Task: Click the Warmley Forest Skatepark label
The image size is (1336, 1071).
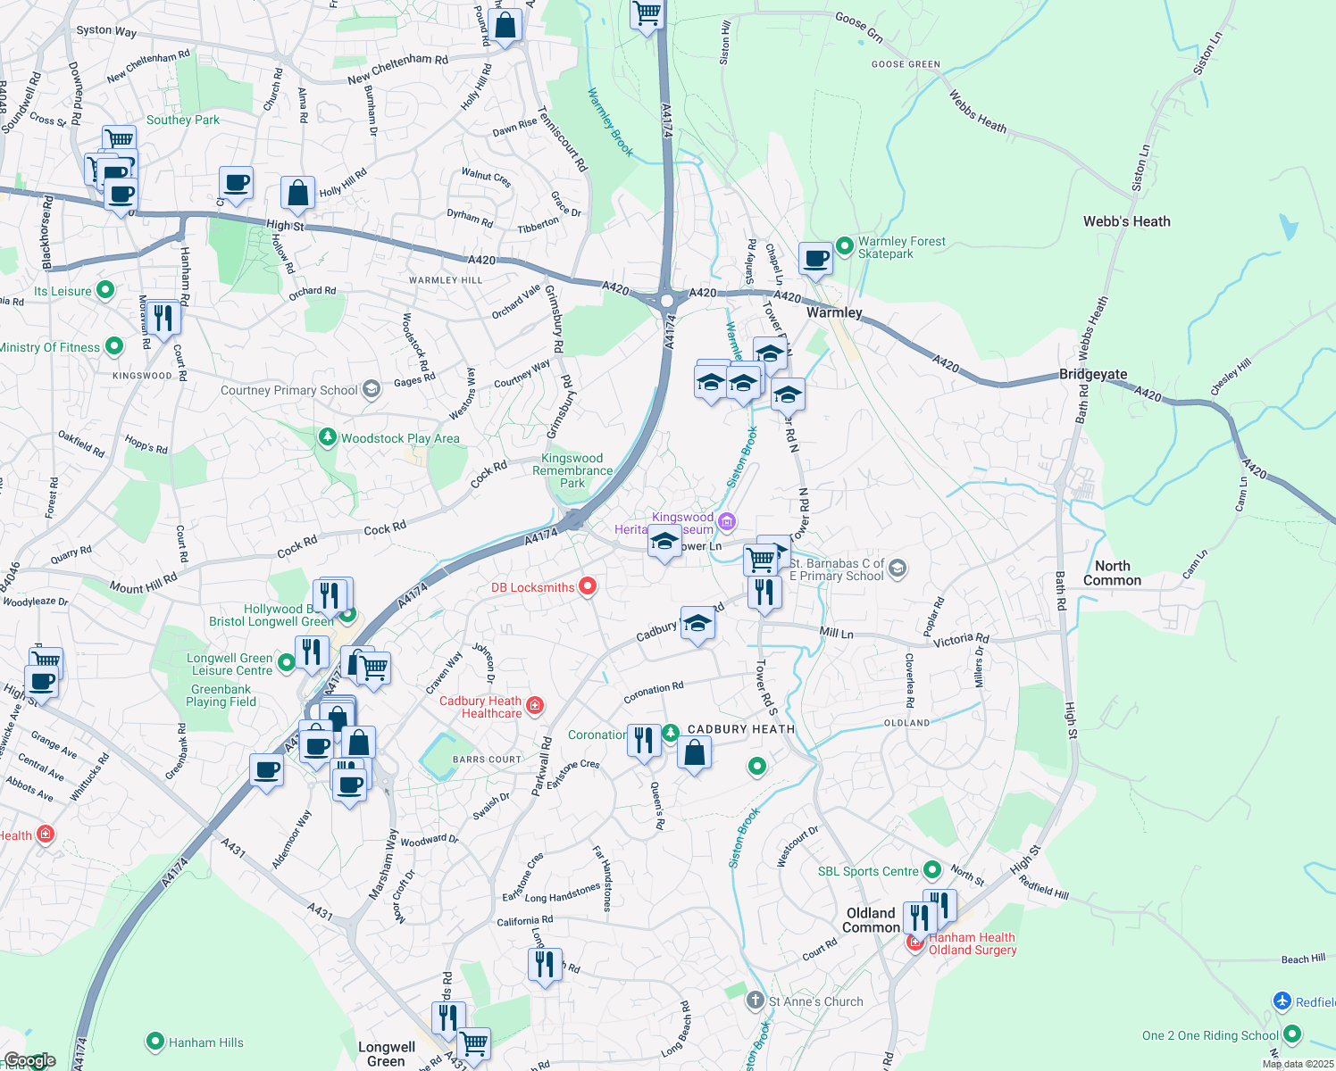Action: click(x=901, y=247)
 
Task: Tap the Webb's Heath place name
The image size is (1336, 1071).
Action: click(x=1126, y=221)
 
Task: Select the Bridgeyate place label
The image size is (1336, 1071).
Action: click(x=1092, y=374)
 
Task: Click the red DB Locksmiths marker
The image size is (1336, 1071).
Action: click(x=588, y=586)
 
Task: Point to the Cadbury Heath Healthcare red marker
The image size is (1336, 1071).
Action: click(x=535, y=707)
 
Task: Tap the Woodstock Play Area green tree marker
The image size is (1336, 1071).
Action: click(x=328, y=437)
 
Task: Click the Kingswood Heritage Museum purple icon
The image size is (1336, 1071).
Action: click(x=727, y=521)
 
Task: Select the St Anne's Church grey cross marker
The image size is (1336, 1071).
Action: click(x=756, y=1000)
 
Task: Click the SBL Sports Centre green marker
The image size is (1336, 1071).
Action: click(x=932, y=869)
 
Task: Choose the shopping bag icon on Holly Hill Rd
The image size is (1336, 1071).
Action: click(x=297, y=193)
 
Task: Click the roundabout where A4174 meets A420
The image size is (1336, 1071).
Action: click(x=667, y=301)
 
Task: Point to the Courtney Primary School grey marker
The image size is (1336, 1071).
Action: click(x=373, y=389)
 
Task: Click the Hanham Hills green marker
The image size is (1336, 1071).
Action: click(x=155, y=1042)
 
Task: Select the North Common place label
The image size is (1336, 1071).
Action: click(x=1112, y=573)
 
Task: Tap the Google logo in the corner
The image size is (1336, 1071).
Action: click(x=29, y=1060)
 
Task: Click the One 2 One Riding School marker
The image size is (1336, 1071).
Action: click(x=1292, y=1034)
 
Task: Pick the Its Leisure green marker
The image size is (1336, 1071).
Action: click(x=105, y=290)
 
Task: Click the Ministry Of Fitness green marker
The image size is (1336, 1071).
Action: click(x=114, y=346)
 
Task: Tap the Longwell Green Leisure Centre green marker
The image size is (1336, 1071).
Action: click(x=287, y=662)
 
